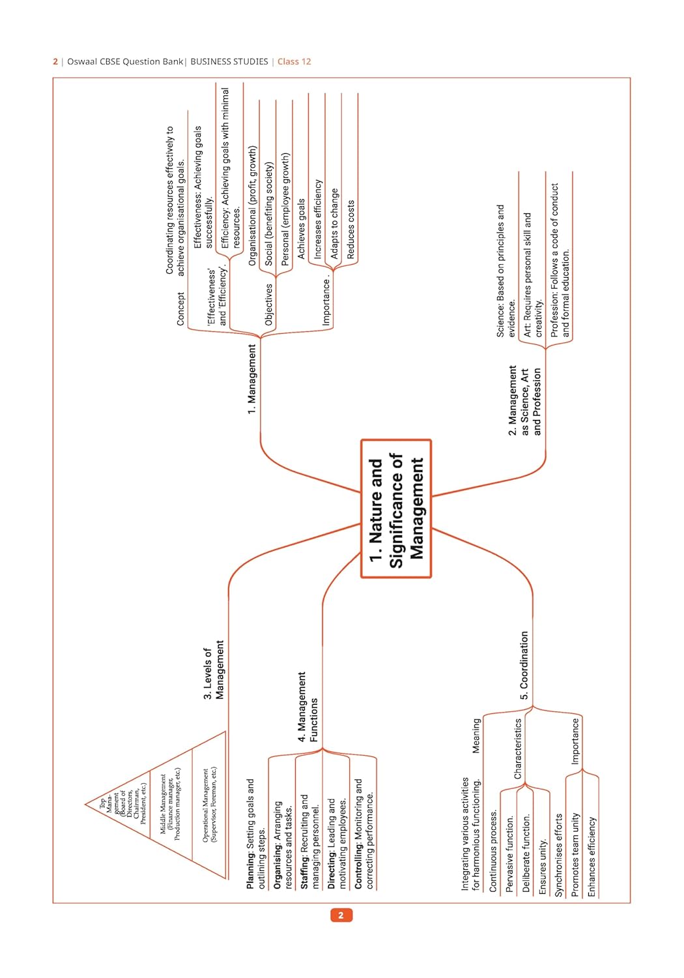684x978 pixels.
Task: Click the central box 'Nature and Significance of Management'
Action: click(x=396, y=509)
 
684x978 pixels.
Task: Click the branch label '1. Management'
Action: click(x=252, y=379)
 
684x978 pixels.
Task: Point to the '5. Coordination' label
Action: click(x=524, y=665)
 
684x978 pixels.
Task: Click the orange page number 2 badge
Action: click(x=341, y=915)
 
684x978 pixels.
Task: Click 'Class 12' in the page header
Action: click(x=294, y=61)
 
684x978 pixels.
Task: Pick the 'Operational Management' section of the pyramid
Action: click(x=209, y=805)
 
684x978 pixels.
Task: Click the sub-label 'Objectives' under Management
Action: click(x=268, y=304)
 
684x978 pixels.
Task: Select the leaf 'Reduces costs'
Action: click(x=351, y=230)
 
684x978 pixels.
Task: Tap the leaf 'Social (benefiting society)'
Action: click(x=269, y=213)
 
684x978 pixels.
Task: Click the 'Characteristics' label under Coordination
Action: click(x=518, y=748)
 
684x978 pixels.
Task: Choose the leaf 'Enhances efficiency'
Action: click(x=591, y=857)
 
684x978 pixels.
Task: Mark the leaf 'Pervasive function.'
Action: click(x=509, y=854)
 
